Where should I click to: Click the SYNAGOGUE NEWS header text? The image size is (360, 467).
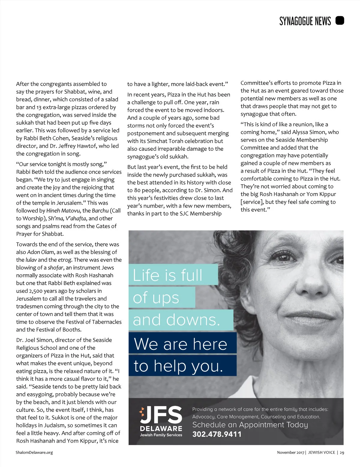click(305, 21)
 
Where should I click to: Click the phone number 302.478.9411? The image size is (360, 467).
click(217, 434)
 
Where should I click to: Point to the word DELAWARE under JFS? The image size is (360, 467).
click(161, 428)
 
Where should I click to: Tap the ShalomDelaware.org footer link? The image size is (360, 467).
click(34, 452)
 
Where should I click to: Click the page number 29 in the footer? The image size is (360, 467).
click(342, 452)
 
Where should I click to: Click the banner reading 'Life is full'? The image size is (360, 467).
click(173, 275)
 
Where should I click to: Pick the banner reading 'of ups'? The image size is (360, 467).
click(162, 297)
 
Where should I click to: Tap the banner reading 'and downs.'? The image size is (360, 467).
click(181, 320)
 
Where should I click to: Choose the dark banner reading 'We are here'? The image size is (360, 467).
click(182, 344)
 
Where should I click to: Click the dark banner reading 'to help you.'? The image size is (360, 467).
click(182, 366)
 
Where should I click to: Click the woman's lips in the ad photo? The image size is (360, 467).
click(312, 315)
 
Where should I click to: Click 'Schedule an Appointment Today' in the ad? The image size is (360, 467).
click(250, 425)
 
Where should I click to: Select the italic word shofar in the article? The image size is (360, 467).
click(55, 267)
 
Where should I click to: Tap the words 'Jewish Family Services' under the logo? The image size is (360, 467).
click(161, 435)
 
